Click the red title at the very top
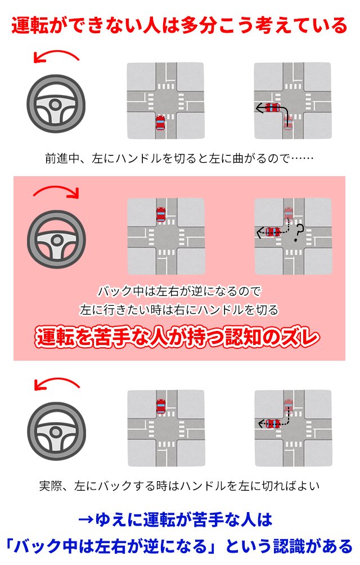point(179,25)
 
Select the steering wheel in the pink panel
point(56,239)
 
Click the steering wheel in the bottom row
point(56,431)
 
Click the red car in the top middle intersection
point(160,123)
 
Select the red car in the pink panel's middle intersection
point(160,214)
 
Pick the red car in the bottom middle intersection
point(161,406)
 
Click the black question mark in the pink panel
point(298,232)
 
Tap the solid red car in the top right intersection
point(272,107)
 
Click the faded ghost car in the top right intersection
point(287,123)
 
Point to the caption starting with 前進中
point(179,159)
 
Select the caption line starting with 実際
point(179,486)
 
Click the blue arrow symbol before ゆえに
point(85,520)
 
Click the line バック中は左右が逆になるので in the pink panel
point(179,291)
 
